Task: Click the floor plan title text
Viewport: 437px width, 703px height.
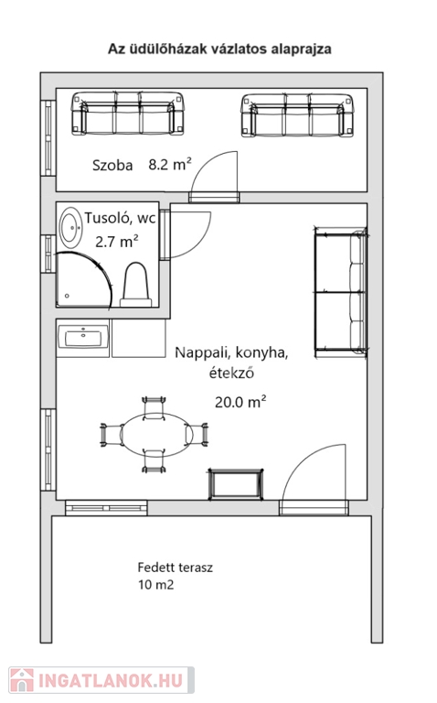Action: [x=219, y=49]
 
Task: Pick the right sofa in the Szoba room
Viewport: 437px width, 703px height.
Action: [x=298, y=115]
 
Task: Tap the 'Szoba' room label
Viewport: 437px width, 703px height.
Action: [x=112, y=166]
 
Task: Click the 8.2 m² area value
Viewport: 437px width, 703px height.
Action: [x=170, y=164]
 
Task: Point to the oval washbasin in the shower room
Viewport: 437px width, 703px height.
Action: [x=71, y=227]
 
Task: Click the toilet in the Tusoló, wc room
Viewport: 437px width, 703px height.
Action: [x=135, y=285]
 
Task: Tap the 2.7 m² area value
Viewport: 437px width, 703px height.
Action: [x=116, y=242]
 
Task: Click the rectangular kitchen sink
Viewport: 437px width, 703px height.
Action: [x=83, y=338]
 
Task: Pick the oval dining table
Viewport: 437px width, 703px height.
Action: [x=156, y=435]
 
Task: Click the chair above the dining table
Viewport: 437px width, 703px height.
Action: [x=154, y=407]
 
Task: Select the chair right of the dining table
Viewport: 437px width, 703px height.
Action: [x=197, y=434]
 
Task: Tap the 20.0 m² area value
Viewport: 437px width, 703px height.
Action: [x=240, y=402]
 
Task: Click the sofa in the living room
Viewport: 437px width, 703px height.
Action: [x=341, y=292]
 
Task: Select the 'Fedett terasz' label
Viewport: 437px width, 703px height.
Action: [x=175, y=568]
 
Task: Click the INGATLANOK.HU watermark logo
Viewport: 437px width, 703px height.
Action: [x=101, y=680]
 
